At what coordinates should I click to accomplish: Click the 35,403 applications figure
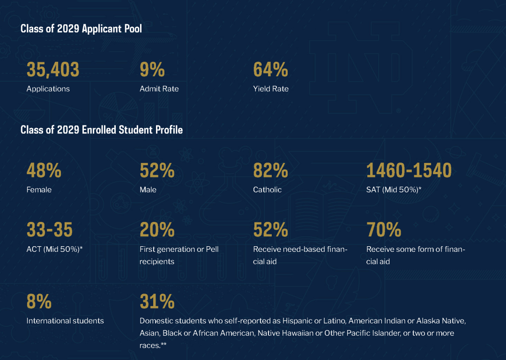click(53, 70)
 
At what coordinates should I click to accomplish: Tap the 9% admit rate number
click(152, 70)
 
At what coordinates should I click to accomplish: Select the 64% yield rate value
click(270, 70)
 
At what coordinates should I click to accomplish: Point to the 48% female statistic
click(44, 171)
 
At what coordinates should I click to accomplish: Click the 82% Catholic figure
click(270, 171)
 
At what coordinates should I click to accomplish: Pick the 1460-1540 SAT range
click(409, 171)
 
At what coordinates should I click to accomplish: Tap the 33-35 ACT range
click(50, 230)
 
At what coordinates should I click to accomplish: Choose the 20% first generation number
click(157, 230)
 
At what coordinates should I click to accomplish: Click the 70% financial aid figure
click(384, 230)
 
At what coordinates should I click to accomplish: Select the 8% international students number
click(39, 302)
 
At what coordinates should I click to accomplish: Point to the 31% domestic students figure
click(157, 302)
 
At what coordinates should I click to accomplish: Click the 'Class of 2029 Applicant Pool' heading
click(81, 29)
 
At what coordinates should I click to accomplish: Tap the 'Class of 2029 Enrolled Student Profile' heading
click(102, 130)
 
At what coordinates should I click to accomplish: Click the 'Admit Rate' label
click(159, 89)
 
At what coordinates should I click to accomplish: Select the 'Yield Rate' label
click(271, 89)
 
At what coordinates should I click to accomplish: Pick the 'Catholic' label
click(268, 190)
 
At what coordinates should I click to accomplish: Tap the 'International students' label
click(65, 321)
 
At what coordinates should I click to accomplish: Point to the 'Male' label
click(148, 190)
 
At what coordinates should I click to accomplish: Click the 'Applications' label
click(48, 89)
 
